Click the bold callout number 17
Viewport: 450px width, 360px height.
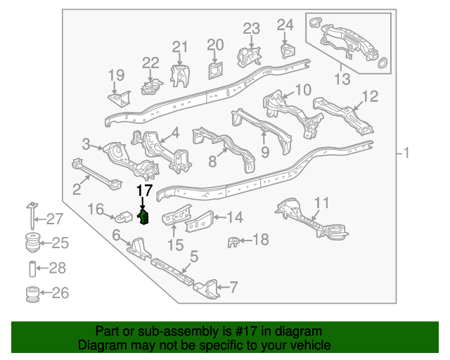click(x=143, y=191)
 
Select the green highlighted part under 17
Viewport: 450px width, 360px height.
click(x=144, y=218)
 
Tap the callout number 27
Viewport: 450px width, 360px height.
click(x=55, y=219)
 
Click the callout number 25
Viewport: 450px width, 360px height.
click(x=59, y=244)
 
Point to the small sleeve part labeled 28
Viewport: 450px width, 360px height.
click(x=32, y=269)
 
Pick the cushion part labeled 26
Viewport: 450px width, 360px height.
click(x=32, y=293)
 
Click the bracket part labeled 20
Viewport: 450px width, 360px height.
click(x=214, y=70)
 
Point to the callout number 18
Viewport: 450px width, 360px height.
click(x=260, y=240)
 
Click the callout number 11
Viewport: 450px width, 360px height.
click(x=321, y=204)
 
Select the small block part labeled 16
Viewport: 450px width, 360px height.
click(x=124, y=215)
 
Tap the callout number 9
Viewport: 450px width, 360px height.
click(x=264, y=151)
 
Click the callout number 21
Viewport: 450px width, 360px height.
click(x=181, y=48)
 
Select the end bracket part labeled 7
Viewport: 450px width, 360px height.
click(x=205, y=288)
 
